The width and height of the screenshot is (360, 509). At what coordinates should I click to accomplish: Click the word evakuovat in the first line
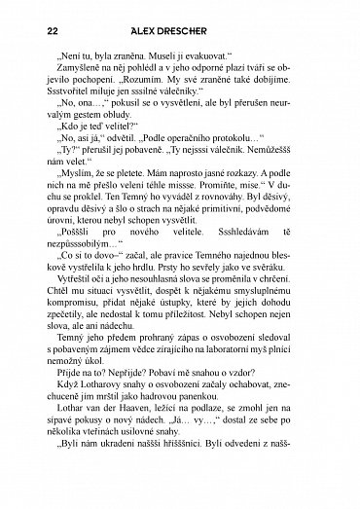[223, 56]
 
